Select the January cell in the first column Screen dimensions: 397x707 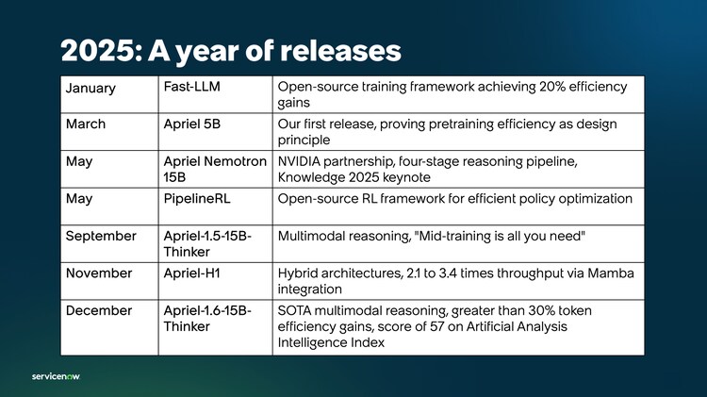[91, 88]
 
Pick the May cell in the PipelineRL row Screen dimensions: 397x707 [79, 198]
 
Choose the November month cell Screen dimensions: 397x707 [99, 273]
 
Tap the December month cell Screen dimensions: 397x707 [99, 310]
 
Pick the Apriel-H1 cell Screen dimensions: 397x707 [192, 273]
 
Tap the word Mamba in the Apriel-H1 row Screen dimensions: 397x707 [609, 273]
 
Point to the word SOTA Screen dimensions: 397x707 [296, 310]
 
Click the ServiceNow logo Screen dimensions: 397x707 [56, 374]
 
